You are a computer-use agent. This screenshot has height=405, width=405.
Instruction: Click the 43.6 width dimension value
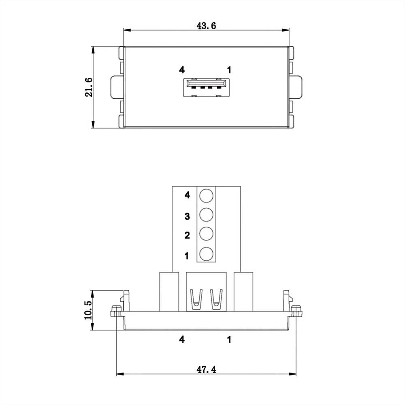coord(206,26)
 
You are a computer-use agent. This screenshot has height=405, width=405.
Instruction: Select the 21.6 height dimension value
coord(89,87)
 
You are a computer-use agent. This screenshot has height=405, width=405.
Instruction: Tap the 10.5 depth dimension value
coord(88,310)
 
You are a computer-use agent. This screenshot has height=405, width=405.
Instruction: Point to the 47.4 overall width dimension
coord(206,370)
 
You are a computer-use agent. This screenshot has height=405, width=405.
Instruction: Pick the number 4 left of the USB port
coord(182,70)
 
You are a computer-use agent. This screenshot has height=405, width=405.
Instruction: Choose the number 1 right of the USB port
coord(229,70)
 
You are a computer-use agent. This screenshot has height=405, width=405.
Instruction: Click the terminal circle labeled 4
coord(206,195)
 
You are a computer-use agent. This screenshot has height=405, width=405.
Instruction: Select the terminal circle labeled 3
coord(206,215)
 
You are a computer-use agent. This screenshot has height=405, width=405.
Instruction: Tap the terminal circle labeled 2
coord(206,234)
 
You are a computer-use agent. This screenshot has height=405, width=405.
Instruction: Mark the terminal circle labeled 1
coord(206,254)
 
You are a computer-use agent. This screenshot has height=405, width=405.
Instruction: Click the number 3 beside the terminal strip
coord(187,216)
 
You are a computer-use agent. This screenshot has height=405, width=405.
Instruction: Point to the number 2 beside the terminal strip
coord(187,236)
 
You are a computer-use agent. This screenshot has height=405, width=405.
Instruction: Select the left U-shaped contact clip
coord(196,299)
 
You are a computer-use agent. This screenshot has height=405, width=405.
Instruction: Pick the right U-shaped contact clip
coord(216,299)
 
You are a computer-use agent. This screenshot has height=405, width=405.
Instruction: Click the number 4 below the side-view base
coord(182,340)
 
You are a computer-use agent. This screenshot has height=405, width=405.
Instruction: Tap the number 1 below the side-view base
coord(229,340)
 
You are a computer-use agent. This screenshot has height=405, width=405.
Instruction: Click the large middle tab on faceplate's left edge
coord(117,87)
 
